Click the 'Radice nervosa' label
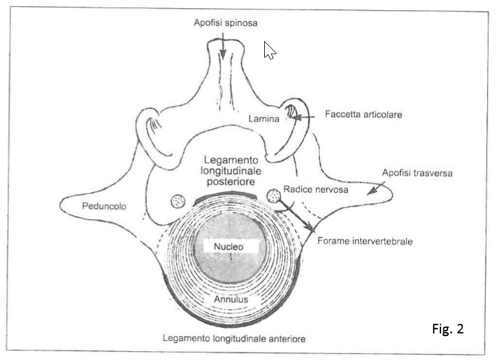point(315,190)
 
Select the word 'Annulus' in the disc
point(228,300)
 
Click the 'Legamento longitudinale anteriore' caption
point(234,339)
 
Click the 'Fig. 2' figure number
point(448,328)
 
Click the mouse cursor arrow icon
point(270,49)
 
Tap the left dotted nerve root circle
point(178,202)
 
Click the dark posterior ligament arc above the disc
point(226,195)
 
